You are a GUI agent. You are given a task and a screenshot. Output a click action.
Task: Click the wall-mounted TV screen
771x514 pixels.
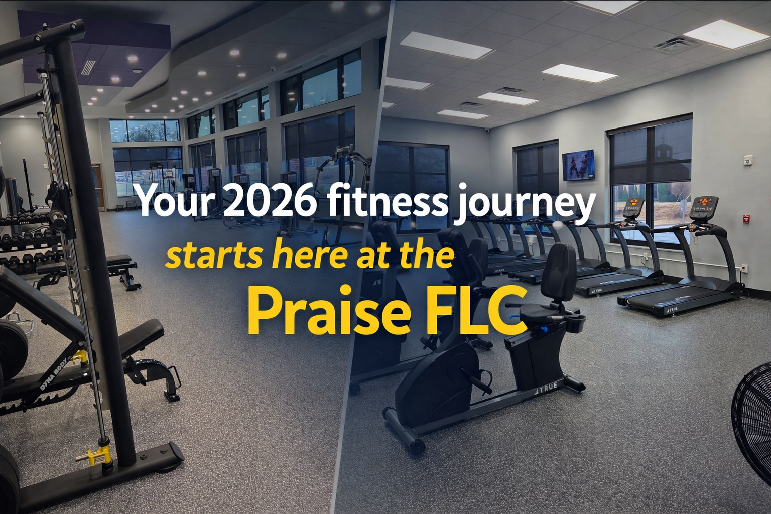579,165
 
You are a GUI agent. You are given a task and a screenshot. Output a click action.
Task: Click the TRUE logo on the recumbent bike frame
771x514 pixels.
546,388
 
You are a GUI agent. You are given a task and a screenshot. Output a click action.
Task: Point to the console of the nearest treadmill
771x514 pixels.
703,208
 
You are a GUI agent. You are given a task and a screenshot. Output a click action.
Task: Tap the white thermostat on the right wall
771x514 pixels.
747,160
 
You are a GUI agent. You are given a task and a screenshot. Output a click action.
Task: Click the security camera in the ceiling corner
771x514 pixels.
487,130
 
